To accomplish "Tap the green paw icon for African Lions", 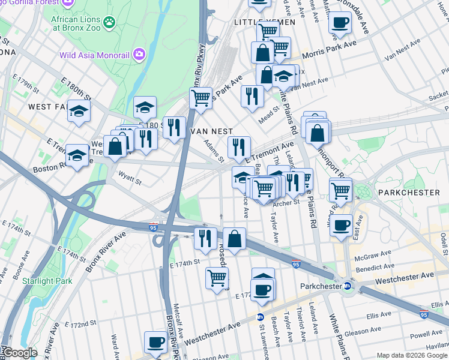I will point(109,23).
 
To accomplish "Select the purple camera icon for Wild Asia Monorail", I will point(140,55).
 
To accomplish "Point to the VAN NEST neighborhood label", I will point(211,131).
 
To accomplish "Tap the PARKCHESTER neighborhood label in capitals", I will point(408,193).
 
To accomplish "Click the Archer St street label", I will point(288,203).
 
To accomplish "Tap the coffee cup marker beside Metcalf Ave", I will point(155,342).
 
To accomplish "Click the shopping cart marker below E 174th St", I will point(216,278).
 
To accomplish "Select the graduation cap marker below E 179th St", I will point(79,112).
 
